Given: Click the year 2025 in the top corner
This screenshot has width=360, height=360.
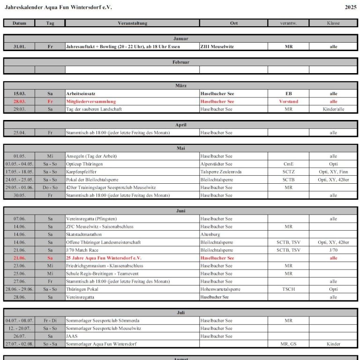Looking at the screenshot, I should click(351, 7).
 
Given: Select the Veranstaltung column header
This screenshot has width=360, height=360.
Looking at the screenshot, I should click(132, 23).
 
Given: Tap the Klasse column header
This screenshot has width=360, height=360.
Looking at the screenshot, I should click(333, 23).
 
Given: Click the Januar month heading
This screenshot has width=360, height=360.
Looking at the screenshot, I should click(180, 38).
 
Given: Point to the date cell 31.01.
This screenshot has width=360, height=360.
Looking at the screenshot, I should click(19, 46).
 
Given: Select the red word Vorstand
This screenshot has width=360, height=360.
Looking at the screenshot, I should click(288, 101).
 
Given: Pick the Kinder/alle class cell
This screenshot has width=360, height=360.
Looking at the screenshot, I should click(333, 109).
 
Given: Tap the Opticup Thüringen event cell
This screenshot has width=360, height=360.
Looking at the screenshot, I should click(84, 164).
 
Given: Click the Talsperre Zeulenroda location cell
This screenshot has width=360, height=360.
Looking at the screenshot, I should click(221, 172).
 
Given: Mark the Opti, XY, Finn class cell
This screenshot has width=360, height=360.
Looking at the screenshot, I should click(333, 172).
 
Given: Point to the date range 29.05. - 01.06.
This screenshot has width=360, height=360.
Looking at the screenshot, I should click(19, 187).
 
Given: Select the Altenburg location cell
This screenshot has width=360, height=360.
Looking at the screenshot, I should click(210, 234).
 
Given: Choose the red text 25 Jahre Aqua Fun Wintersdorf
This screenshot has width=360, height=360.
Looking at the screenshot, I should click(104, 258).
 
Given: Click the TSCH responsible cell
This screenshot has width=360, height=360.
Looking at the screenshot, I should click(288, 289).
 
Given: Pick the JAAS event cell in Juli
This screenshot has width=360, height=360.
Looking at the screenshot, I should click(72, 336).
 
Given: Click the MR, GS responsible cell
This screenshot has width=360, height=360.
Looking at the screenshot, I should click(288, 344).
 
